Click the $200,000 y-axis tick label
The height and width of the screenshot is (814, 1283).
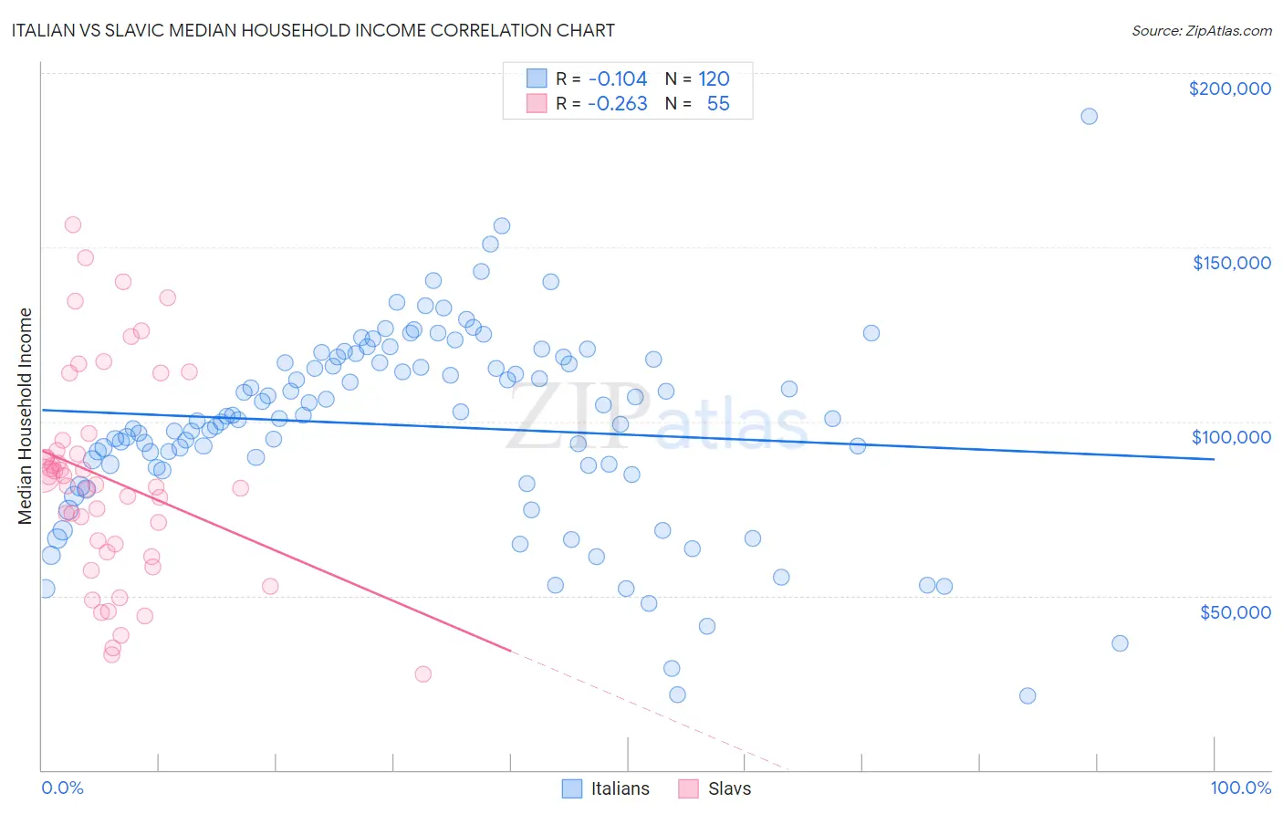click(x=1229, y=89)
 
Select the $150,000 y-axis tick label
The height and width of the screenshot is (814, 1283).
click(x=1231, y=263)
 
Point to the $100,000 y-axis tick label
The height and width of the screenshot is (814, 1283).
click(x=1231, y=437)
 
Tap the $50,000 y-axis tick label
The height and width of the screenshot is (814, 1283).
click(x=1235, y=611)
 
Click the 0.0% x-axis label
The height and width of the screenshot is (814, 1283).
click(x=62, y=788)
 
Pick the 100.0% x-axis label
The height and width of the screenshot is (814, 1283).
click(x=1240, y=788)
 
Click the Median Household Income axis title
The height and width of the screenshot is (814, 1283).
click(x=26, y=416)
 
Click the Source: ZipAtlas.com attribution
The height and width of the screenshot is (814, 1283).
click(x=1201, y=30)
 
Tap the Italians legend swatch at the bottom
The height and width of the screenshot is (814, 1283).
click(x=572, y=788)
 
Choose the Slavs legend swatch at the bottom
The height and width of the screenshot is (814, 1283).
click(x=689, y=788)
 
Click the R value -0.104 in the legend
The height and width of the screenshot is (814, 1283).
click(x=618, y=78)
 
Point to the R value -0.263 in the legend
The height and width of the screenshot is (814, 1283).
click(x=618, y=103)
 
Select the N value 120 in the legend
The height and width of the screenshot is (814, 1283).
click(x=714, y=78)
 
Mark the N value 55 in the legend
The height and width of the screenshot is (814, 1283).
click(x=718, y=103)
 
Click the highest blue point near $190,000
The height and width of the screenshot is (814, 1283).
click(x=1089, y=116)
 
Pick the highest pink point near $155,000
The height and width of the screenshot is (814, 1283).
click(x=73, y=224)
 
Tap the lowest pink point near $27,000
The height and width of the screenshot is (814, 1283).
click(x=422, y=673)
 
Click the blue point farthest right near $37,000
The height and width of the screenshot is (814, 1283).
click(x=1120, y=643)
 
